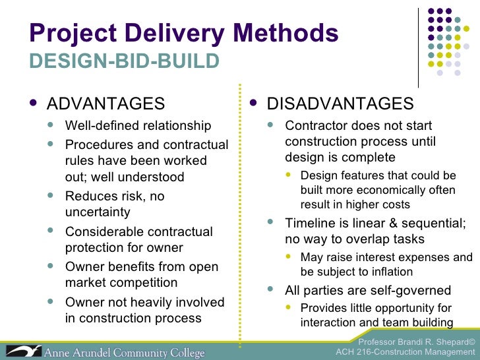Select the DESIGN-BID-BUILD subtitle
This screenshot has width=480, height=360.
pyautogui.click(x=124, y=61)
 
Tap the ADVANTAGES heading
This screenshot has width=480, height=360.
pyautogui.click(x=105, y=104)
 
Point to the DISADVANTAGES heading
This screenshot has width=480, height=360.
pyautogui.click(x=340, y=104)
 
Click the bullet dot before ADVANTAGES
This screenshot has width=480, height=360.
pyautogui.click(x=35, y=104)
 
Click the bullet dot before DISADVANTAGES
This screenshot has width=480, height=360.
pyautogui.click(x=255, y=104)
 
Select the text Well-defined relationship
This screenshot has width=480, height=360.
pyautogui.click(x=138, y=126)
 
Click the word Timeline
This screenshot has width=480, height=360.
pyautogui.click(x=311, y=223)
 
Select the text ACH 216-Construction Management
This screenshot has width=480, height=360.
pyautogui.click(x=405, y=352)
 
